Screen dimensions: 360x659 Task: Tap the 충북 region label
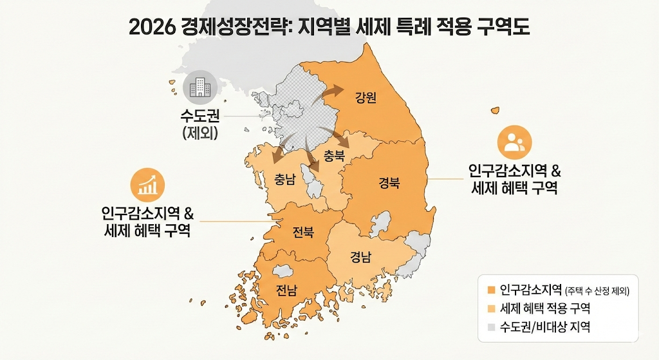[x=335, y=155]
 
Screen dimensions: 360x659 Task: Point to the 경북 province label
[x=389, y=183]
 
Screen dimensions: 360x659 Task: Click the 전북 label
[x=303, y=232]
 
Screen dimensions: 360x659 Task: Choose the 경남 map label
[x=360, y=258]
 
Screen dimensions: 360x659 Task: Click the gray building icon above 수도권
[x=199, y=87]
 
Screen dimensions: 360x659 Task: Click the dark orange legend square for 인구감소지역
[x=491, y=289]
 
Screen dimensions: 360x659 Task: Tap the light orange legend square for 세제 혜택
[x=491, y=308]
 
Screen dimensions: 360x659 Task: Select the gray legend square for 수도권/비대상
[x=491, y=327]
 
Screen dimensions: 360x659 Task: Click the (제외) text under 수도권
[x=200, y=134]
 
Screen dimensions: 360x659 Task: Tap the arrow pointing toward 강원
[x=331, y=95]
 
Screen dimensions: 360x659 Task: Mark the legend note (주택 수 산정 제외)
[x=597, y=290]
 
